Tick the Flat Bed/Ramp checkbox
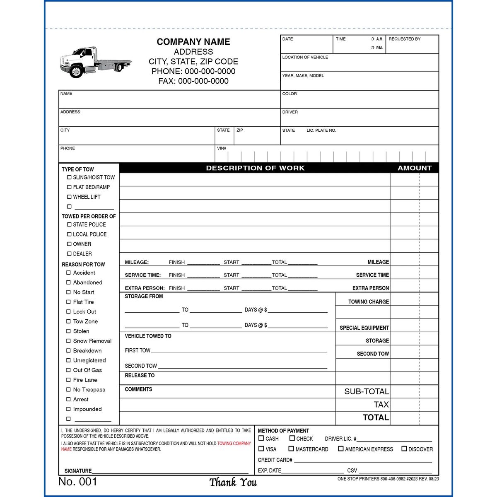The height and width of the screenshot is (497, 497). (x=69, y=187)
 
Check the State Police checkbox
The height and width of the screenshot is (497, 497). (x=69, y=224)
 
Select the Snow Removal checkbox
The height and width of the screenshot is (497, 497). (x=69, y=341)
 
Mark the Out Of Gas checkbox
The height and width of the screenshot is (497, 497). (x=69, y=370)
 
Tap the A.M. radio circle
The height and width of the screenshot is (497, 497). (x=372, y=39)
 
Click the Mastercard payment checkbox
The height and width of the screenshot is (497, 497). (x=291, y=449)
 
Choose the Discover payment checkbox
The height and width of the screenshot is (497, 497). (x=404, y=449)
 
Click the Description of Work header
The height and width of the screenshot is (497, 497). (x=255, y=168)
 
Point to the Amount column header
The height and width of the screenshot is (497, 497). (x=415, y=168)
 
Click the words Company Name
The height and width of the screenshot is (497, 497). (x=193, y=42)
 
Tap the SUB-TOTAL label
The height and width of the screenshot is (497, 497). (x=367, y=391)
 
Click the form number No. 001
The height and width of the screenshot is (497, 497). (x=78, y=481)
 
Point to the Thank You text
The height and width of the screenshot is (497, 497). (x=233, y=483)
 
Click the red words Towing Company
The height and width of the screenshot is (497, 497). (x=234, y=444)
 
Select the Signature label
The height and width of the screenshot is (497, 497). (x=78, y=471)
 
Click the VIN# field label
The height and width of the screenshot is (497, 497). (x=222, y=148)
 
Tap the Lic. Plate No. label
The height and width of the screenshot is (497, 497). (x=321, y=130)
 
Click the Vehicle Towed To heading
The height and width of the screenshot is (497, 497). (x=148, y=336)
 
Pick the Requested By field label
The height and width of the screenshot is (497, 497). (x=404, y=39)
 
